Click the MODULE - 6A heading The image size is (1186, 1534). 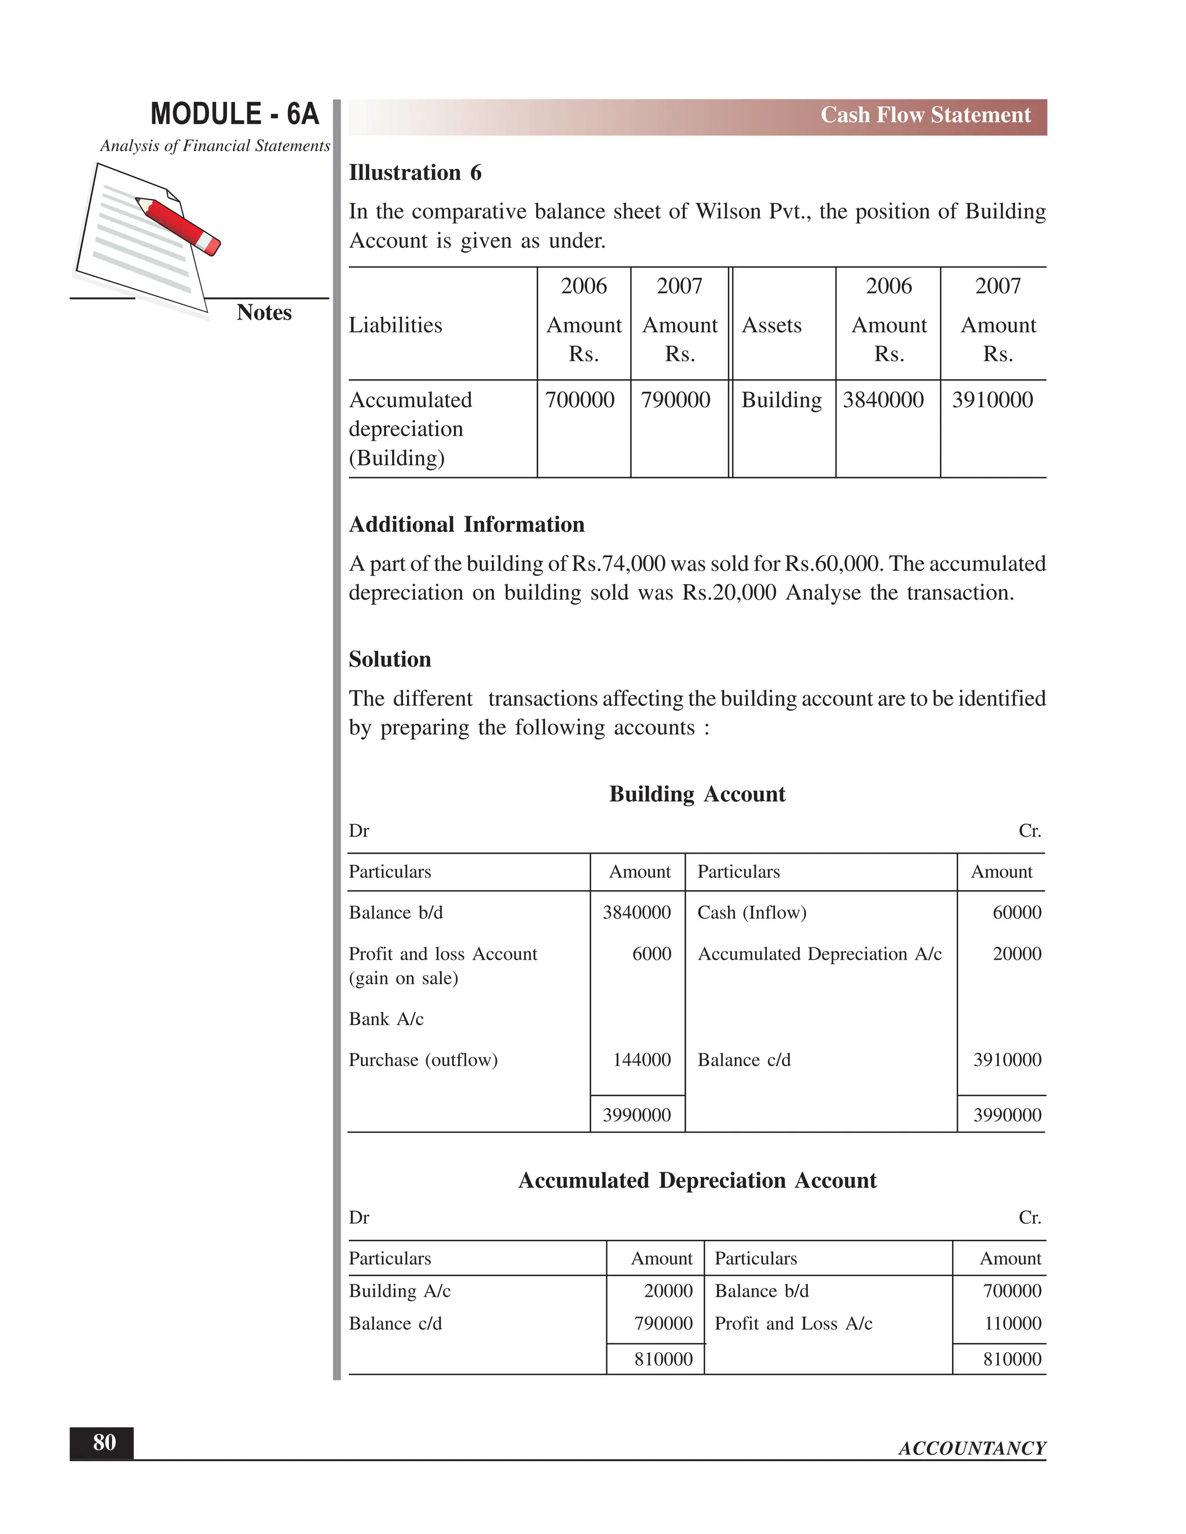click(x=235, y=114)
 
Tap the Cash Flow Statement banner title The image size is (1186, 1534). click(x=925, y=115)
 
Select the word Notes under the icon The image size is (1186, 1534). click(x=263, y=313)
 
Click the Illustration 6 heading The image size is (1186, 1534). click(x=415, y=173)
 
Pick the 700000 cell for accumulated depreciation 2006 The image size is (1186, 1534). click(x=580, y=401)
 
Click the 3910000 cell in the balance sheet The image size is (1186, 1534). click(x=992, y=401)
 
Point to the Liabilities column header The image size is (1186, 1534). click(x=396, y=325)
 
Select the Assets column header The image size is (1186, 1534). click(x=771, y=325)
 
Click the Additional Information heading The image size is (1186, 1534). click(x=467, y=524)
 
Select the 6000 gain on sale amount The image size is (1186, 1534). click(x=651, y=954)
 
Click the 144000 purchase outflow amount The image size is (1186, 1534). click(x=642, y=1060)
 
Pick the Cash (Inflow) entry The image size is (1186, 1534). click(x=752, y=912)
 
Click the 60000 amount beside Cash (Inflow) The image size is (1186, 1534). click(x=1017, y=912)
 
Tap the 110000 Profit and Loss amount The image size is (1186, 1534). click(x=1012, y=1324)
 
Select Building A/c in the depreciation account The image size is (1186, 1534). click(x=399, y=1291)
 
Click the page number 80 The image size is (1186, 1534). click(x=104, y=1443)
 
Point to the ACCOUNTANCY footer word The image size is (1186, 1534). click(x=972, y=1448)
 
